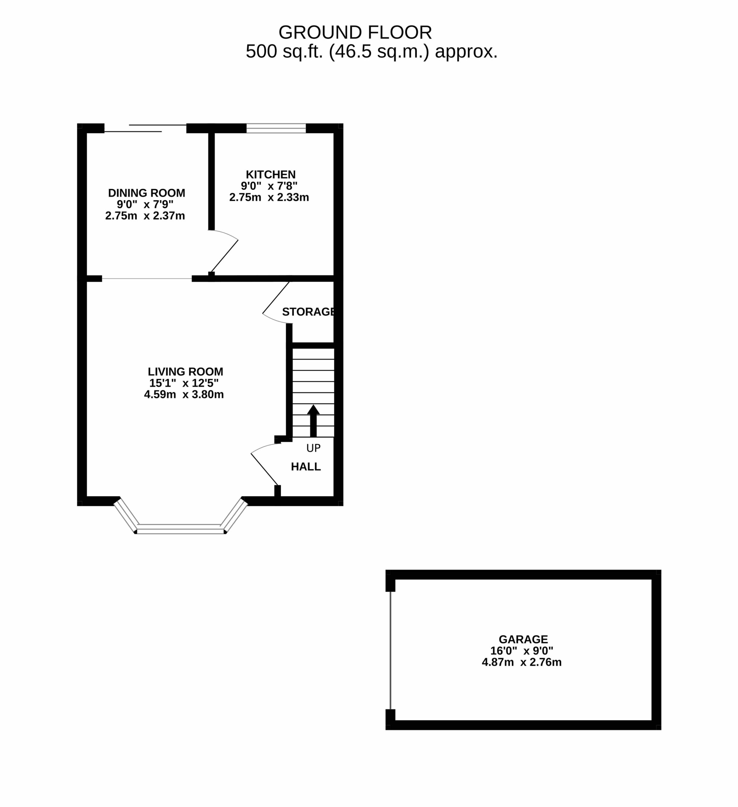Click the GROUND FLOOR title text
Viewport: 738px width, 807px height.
coord(355,32)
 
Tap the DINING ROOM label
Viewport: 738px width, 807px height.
coord(147,193)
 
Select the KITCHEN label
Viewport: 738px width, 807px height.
coord(271,175)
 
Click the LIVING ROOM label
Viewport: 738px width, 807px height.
coord(185,372)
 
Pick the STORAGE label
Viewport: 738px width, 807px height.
coord(308,312)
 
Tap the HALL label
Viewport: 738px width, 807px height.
coord(306,467)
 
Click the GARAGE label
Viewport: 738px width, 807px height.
coord(523,639)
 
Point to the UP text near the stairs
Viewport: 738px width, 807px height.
coord(313,448)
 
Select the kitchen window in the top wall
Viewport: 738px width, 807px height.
coord(276,128)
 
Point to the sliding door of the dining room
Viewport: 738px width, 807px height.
coord(146,128)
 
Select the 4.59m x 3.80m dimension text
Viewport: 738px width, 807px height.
coord(184,395)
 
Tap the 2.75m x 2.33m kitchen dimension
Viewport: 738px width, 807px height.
coord(269,197)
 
